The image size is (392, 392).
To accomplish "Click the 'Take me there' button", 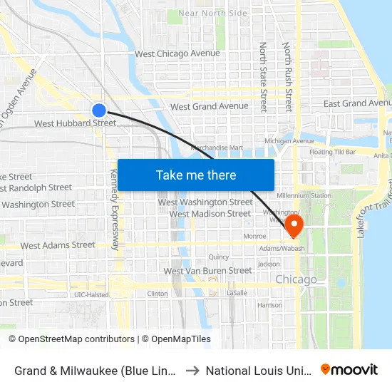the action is coord(196,175).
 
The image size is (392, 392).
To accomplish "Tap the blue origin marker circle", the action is coord(99,110).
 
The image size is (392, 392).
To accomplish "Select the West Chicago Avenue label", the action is coord(177,54).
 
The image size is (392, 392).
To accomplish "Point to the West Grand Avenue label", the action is coord(209,107).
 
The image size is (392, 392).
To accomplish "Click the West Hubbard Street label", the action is coord(75,123).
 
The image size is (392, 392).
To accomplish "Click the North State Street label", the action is coord(263,76).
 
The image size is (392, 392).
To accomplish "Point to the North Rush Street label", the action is coord(287,76).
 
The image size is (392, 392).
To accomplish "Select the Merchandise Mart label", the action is coord(217,148).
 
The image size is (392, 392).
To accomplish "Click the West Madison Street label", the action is coord(210,214).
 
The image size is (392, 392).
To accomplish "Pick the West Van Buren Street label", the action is coord(207,271).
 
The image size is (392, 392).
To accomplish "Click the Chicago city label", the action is coord(296,279).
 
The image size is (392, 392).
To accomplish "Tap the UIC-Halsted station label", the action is coord(92,294).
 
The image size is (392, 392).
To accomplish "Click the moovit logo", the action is coord(349,369).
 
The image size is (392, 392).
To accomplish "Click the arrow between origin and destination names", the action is coord(192,370).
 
